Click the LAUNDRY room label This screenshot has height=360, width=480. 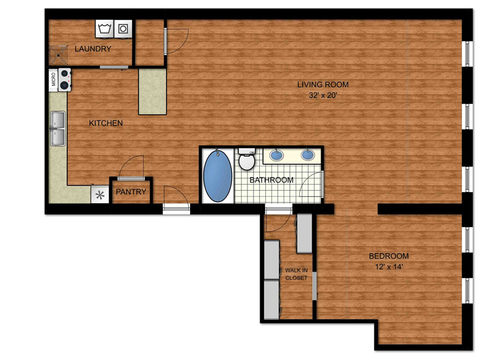click(x=93, y=49)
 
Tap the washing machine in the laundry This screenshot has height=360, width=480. click(x=104, y=29)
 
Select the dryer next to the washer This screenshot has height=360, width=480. click(x=123, y=29)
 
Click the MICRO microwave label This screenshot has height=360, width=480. click(x=54, y=80)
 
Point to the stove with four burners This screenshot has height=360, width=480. click(x=65, y=80)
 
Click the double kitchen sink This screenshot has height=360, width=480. click(x=58, y=128)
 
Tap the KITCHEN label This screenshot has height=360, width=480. click(x=106, y=123)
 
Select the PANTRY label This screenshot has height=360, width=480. click(x=131, y=192)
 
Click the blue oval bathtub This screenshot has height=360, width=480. click(x=218, y=175)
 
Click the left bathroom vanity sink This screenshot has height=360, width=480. click(x=277, y=155)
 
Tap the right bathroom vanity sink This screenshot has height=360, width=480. click(x=308, y=155)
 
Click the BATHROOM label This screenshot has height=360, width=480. click(x=271, y=180)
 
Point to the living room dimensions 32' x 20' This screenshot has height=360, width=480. click(x=323, y=95)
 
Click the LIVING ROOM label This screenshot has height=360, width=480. click(x=323, y=84)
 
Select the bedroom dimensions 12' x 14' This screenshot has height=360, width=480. click(x=389, y=267)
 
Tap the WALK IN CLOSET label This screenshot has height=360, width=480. click(x=296, y=274)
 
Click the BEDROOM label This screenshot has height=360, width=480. click(x=389, y=256)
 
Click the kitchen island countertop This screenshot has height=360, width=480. click(x=152, y=91)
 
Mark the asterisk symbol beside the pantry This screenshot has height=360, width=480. click(x=100, y=195)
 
